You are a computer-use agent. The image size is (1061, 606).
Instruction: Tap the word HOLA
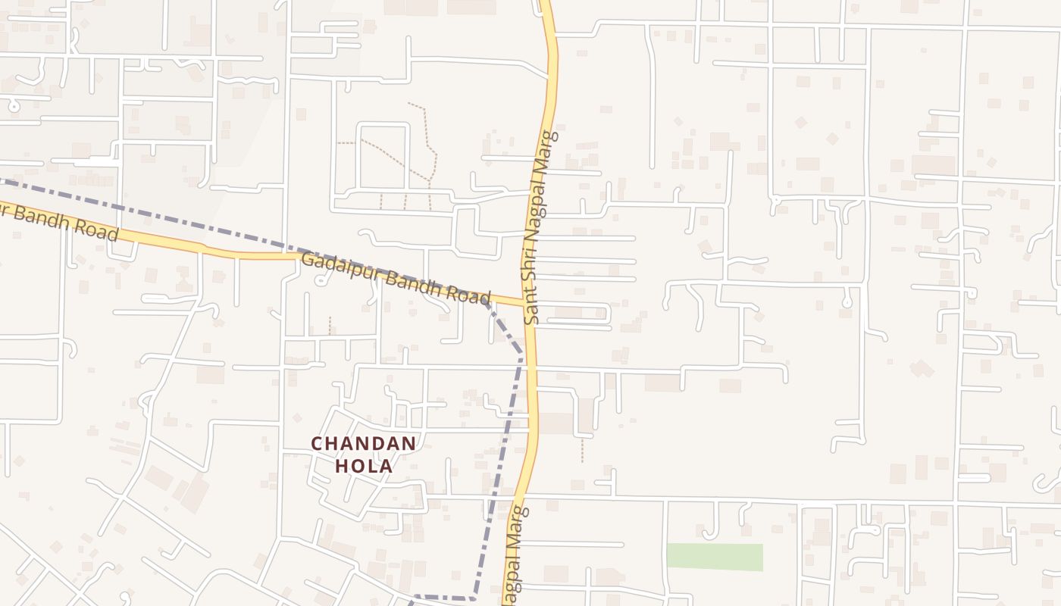(364, 467)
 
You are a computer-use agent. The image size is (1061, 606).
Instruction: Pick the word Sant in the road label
(531, 306)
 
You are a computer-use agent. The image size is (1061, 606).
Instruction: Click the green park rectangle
(715, 557)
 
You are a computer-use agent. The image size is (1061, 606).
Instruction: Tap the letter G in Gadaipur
(308, 260)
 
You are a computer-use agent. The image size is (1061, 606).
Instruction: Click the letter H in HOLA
(341, 467)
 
